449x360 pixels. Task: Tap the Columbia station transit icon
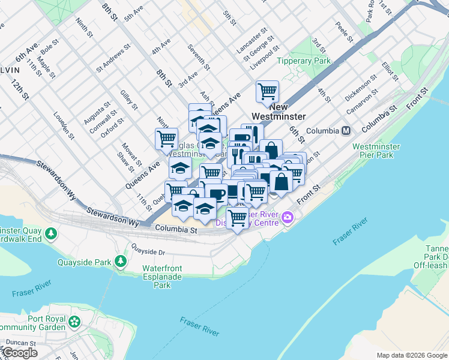[x=346, y=130]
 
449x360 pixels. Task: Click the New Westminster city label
[x=287, y=112]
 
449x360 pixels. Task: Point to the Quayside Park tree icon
[x=121, y=262]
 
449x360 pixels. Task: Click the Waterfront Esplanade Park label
[x=163, y=277]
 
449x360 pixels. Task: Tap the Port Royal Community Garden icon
[x=74, y=322]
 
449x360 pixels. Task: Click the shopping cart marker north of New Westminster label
[x=267, y=92]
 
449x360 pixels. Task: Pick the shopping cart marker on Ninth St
[x=166, y=139]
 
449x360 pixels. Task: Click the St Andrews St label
[x=113, y=58]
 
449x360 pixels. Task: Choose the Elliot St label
[x=389, y=71]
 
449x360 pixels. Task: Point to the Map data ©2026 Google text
[x=412, y=355]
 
